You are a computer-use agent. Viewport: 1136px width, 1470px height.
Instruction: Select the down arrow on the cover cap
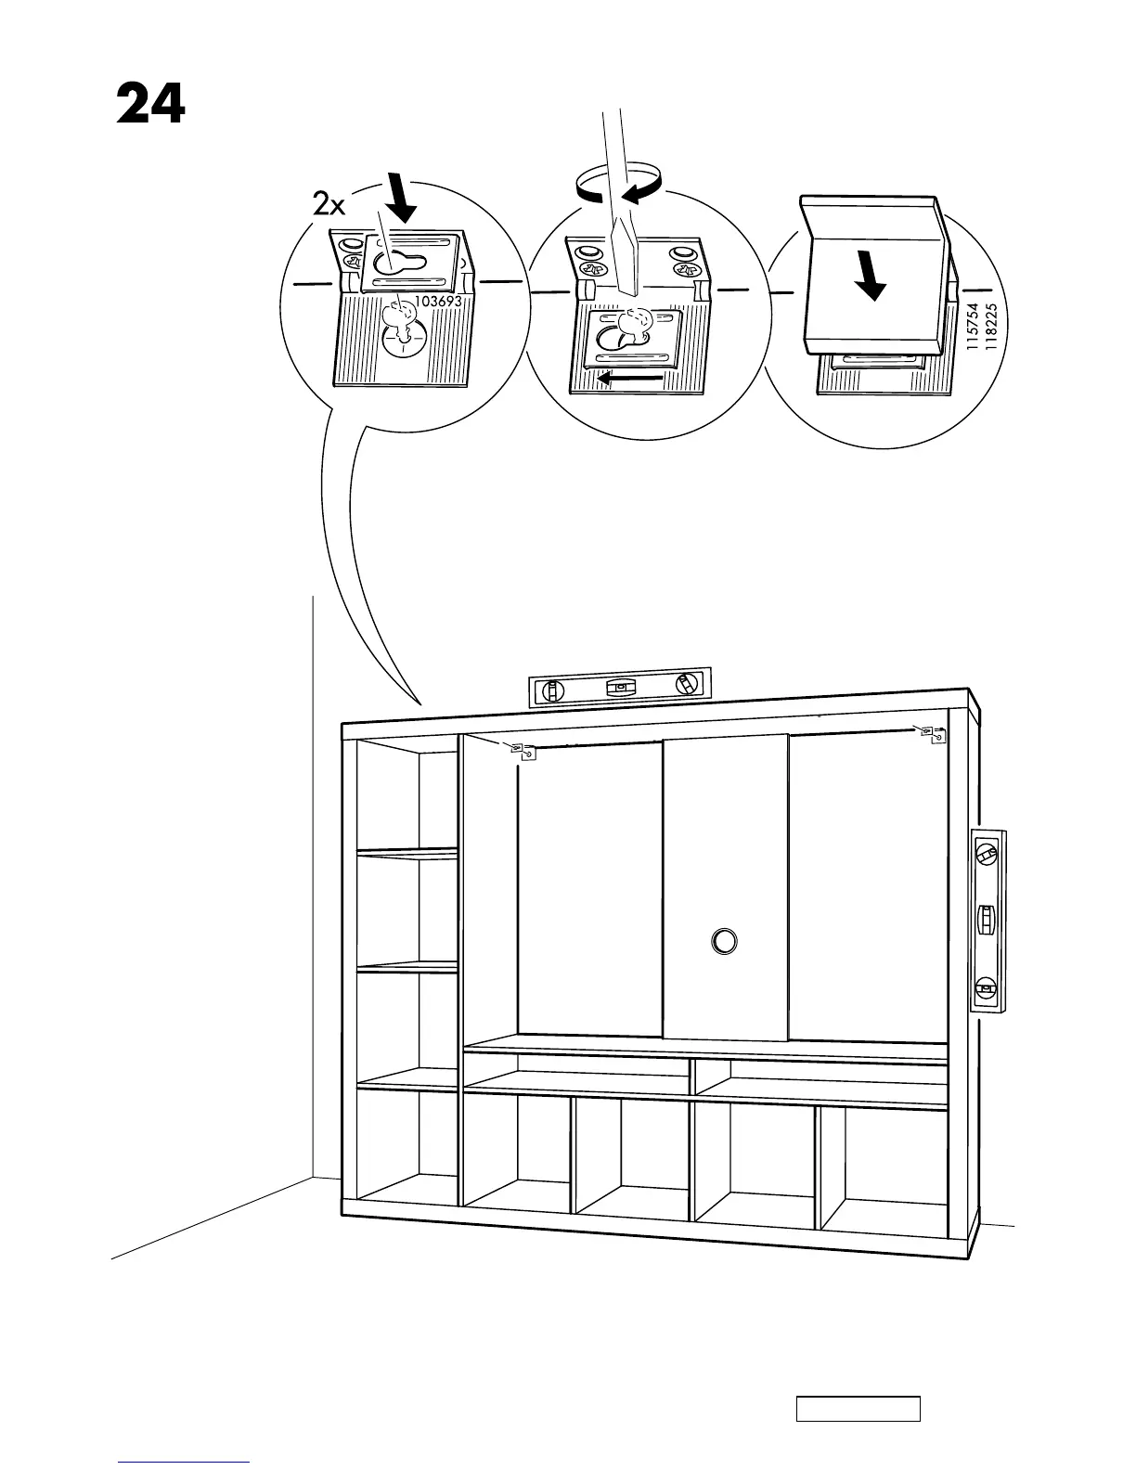point(871,276)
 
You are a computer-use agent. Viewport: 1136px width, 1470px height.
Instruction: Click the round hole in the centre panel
point(724,940)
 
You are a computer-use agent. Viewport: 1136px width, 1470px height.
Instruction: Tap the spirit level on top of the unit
point(620,688)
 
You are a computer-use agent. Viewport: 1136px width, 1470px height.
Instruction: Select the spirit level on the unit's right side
point(988,920)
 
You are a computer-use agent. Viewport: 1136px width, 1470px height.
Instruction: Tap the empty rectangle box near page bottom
point(858,1408)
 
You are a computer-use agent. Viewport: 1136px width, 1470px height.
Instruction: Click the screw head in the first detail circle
point(400,318)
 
